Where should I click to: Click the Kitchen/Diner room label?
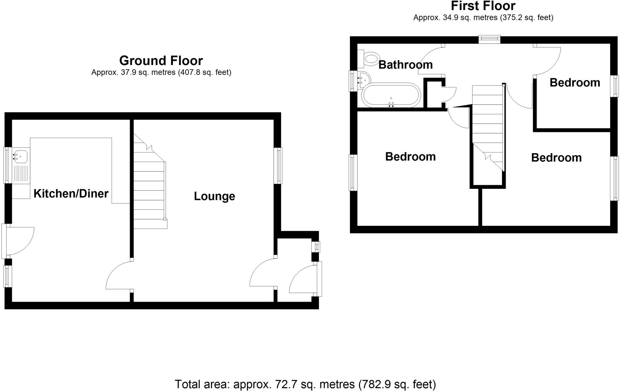(71, 194)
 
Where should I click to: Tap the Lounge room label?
(214, 196)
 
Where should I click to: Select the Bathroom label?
(405, 65)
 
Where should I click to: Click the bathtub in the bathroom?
(391, 95)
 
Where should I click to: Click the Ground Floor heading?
(161, 61)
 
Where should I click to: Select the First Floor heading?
(483, 6)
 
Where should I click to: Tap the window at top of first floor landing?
(489, 39)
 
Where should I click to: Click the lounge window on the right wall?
(278, 166)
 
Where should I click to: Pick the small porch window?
(316, 247)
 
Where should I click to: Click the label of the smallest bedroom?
(575, 83)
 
